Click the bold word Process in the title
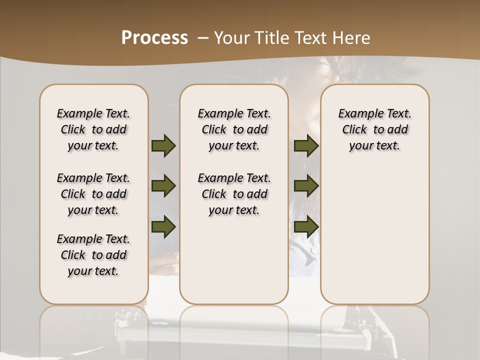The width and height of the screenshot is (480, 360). click(x=154, y=38)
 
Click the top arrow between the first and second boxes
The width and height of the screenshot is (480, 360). click(x=163, y=146)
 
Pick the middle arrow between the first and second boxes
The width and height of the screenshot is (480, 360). click(x=163, y=186)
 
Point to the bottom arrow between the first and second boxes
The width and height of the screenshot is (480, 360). click(x=163, y=226)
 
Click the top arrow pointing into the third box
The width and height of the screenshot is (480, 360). click(x=306, y=146)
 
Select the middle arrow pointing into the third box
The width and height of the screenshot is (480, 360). click(x=306, y=186)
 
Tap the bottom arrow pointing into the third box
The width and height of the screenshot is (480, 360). click(x=306, y=226)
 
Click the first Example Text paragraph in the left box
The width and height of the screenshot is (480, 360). click(x=93, y=129)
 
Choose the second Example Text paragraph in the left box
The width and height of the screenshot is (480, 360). click(x=93, y=194)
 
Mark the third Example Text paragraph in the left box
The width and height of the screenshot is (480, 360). click(x=93, y=255)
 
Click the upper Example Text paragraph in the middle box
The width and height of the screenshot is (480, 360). click(x=234, y=129)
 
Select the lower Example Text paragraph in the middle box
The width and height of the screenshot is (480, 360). click(x=234, y=194)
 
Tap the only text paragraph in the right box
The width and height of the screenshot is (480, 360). click(x=375, y=129)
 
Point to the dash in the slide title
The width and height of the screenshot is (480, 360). click(x=203, y=38)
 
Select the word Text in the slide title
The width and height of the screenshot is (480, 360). click(x=310, y=38)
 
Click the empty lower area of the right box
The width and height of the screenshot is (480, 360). click(x=375, y=240)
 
